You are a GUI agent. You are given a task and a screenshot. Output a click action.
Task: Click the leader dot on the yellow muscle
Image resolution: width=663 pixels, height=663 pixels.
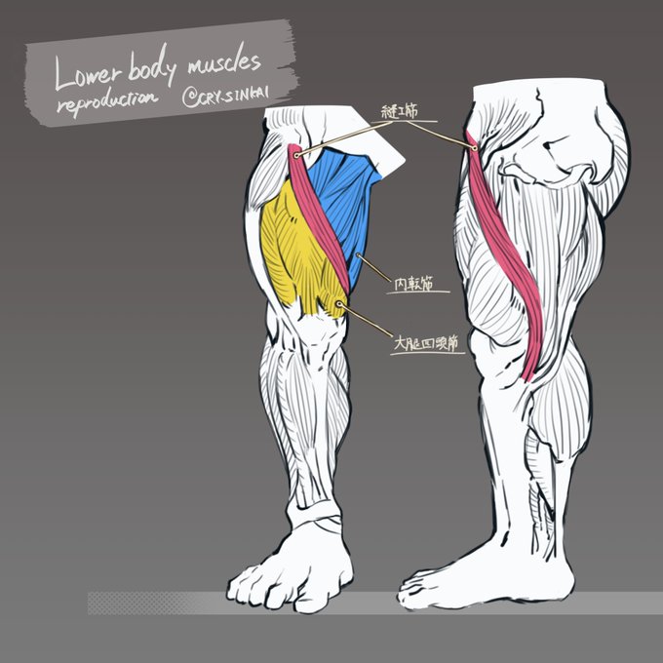click(x=338, y=304)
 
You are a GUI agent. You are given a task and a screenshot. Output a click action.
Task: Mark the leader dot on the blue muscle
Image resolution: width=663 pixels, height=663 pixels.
click(x=359, y=256)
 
